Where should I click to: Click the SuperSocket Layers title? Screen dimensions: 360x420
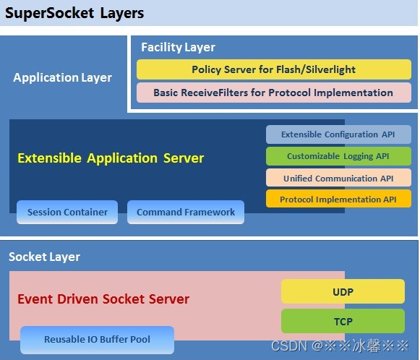pyautogui.click(x=75, y=14)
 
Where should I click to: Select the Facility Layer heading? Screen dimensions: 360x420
pyautogui.click(x=178, y=47)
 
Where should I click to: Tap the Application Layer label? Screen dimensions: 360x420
pyautogui.click(x=62, y=77)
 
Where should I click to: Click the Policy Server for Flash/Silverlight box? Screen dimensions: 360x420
pyautogui.click(x=273, y=69)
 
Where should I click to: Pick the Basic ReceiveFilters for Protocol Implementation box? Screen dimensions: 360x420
pyautogui.click(x=273, y=93)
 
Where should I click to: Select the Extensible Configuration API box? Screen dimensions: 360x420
pyautogui.click(x=338, y=134)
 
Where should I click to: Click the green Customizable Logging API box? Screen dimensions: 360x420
pyautogui.click(x=338, y=156)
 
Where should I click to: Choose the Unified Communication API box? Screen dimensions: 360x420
pyautogui.click(x=338, y=178)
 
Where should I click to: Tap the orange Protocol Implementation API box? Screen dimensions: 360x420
pyautogui.click(x=338, y=199)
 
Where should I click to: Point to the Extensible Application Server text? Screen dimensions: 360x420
pyautogui.click(x=111, y=158)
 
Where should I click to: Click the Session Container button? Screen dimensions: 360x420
pyautogui.click(x=67, y=212)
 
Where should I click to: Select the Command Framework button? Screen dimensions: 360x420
pyautogui.click(x=186, y=212)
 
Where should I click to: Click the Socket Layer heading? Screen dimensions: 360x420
pyautogui.click(x=44, y=257)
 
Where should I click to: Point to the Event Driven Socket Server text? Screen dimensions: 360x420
pyautogui.click(x=103, y=299)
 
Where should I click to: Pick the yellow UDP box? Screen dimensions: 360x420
pyautogui.click(x=343, y=291)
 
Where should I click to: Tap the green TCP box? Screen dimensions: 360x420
pyautogui.click(x=343, y=321)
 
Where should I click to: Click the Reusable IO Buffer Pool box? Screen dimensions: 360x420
pyautogui.click(x=97, y=340)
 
